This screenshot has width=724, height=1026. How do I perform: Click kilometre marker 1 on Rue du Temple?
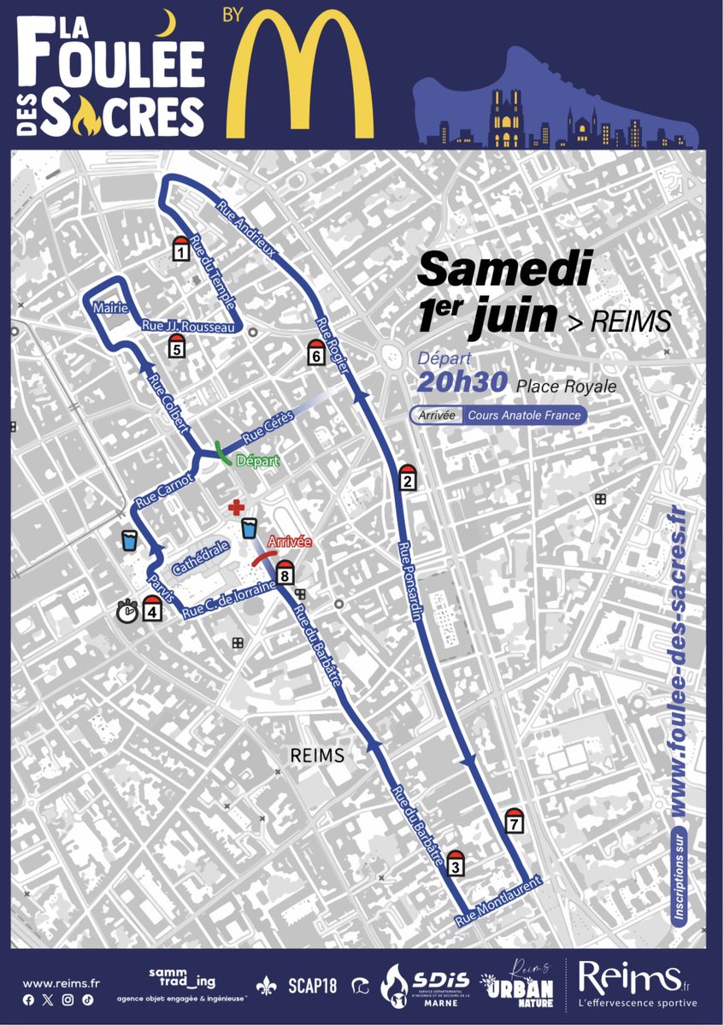tap(180, 249)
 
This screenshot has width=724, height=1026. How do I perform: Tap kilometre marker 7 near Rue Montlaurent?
tap(514, 821)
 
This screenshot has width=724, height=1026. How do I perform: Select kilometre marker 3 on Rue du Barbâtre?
tap(455, 864)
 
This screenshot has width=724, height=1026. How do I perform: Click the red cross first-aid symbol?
tap(235, 509)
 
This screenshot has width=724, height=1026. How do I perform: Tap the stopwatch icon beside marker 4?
tap(127, 610)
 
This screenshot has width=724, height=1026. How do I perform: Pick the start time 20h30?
tap(462, 384)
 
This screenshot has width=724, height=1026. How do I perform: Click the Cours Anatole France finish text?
tap(524, 416)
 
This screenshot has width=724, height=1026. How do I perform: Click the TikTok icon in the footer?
tap(88, 999)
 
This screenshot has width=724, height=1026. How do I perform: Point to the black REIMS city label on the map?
tap(316, 756)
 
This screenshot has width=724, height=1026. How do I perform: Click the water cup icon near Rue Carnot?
tap(130, 540)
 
